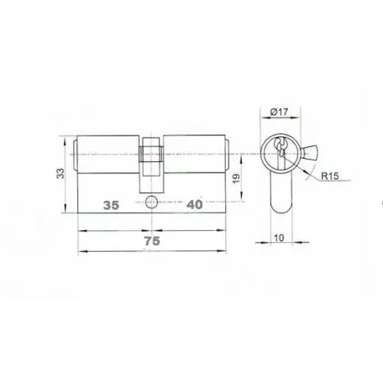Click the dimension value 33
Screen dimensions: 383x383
coord(60,173)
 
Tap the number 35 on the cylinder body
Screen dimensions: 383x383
coord(111,205)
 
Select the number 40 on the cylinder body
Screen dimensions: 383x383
coord(195,205)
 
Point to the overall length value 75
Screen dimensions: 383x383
coord(152,241)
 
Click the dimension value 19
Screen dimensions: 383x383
coord(237,178)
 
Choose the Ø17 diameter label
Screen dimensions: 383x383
coord(279,112)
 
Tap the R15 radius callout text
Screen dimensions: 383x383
coord(330,176)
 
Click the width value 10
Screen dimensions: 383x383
coord(279,238)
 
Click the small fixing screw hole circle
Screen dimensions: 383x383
coord(151,202)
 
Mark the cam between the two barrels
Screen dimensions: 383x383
coord(151,165)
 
